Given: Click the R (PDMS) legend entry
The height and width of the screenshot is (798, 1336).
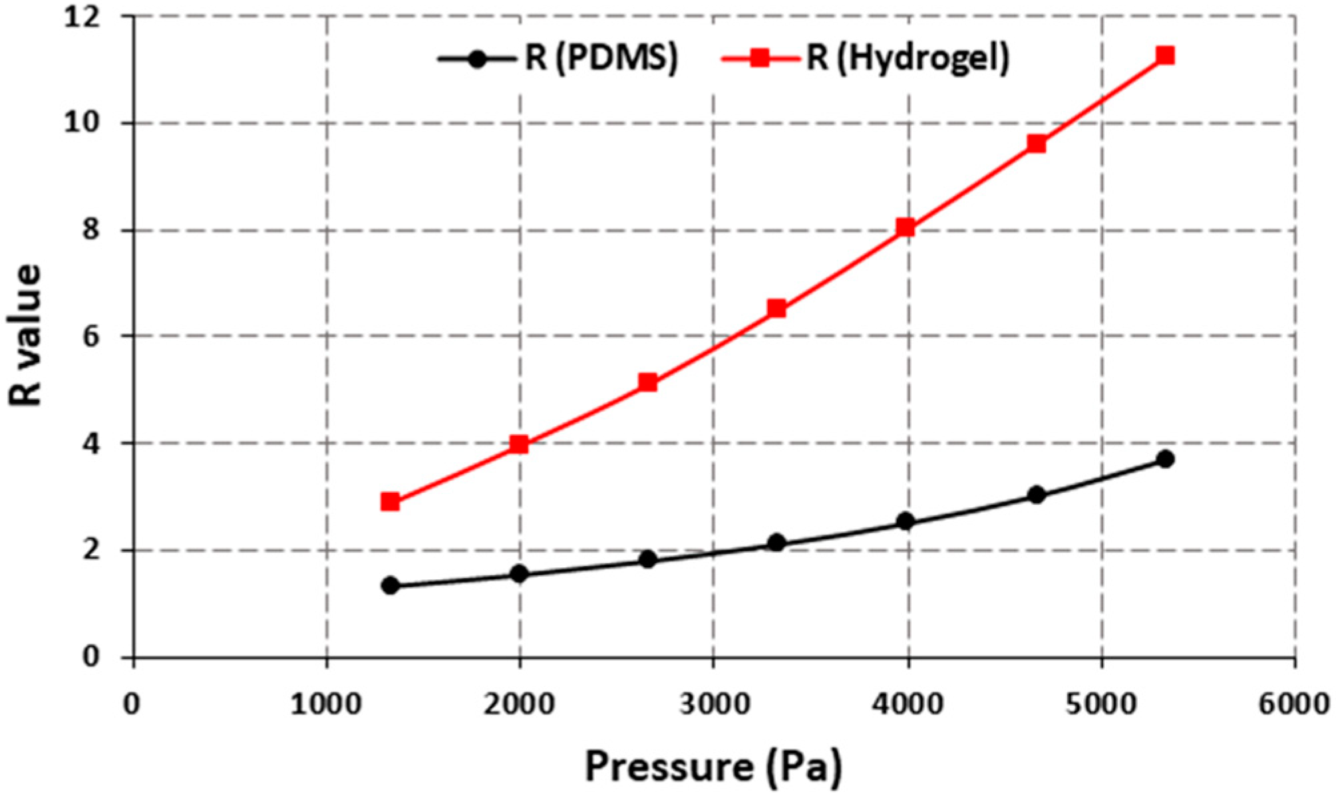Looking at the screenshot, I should point(558,58).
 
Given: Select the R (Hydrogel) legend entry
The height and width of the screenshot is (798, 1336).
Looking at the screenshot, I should point(865,58).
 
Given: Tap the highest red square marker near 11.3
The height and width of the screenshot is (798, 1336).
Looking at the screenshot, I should point(1164,55).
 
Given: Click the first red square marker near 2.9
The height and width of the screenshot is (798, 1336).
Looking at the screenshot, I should point(391,501).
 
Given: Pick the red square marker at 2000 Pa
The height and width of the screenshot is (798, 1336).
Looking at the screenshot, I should point(519,444).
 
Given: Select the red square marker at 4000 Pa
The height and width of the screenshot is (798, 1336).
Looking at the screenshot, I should point(905,228).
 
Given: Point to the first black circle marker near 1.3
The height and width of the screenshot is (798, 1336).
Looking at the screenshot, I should point(391,586).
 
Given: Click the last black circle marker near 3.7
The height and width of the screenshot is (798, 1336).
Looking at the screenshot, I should point(1164,459).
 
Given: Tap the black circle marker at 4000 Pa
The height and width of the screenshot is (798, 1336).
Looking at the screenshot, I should point(905,521).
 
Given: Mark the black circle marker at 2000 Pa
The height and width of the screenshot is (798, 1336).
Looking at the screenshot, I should point(519,573).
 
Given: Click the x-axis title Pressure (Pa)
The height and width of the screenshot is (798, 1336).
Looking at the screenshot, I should point(713,767).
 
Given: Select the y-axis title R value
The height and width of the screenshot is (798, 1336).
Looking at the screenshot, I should point(25,336).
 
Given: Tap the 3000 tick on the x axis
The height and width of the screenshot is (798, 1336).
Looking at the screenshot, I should point(714,704).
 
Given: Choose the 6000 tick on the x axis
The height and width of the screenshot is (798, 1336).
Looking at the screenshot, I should point(1293,704).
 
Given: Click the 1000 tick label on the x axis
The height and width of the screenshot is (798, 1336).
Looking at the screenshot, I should point(326,704).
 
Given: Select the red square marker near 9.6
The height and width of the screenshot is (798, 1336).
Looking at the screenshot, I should point(1036,144).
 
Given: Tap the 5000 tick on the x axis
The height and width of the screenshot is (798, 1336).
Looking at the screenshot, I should point(1100,704).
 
